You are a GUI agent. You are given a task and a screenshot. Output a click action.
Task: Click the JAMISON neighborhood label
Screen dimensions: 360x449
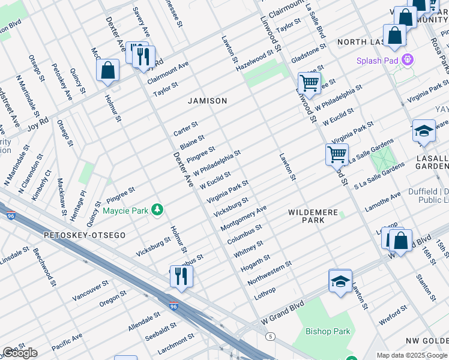click(207, 101)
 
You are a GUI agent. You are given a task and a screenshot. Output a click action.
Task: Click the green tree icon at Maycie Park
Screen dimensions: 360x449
click(157, 210)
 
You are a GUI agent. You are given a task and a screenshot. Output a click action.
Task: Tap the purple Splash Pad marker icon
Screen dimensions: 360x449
click(408, 60)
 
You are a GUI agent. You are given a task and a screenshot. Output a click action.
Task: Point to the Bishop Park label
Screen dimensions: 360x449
click(327, 331)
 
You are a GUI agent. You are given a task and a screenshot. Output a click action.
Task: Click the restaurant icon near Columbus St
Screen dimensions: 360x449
click(180, 275)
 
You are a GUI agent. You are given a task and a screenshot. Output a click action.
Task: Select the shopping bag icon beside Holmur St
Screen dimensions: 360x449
click(108, 70)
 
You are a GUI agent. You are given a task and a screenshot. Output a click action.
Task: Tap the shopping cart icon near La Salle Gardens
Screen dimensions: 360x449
click(337, 154)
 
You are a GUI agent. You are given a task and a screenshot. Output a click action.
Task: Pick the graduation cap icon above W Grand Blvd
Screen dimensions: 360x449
click(340, 281)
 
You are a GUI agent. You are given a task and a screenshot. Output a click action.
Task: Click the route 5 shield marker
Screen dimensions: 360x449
click(271, 336)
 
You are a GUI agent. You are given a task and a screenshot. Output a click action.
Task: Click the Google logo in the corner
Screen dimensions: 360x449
click(20, 353)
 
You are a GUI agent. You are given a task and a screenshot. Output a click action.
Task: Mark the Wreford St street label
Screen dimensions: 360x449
click(393, 316)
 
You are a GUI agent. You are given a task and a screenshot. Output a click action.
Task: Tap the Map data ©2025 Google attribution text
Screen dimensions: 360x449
click(412, 355)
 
